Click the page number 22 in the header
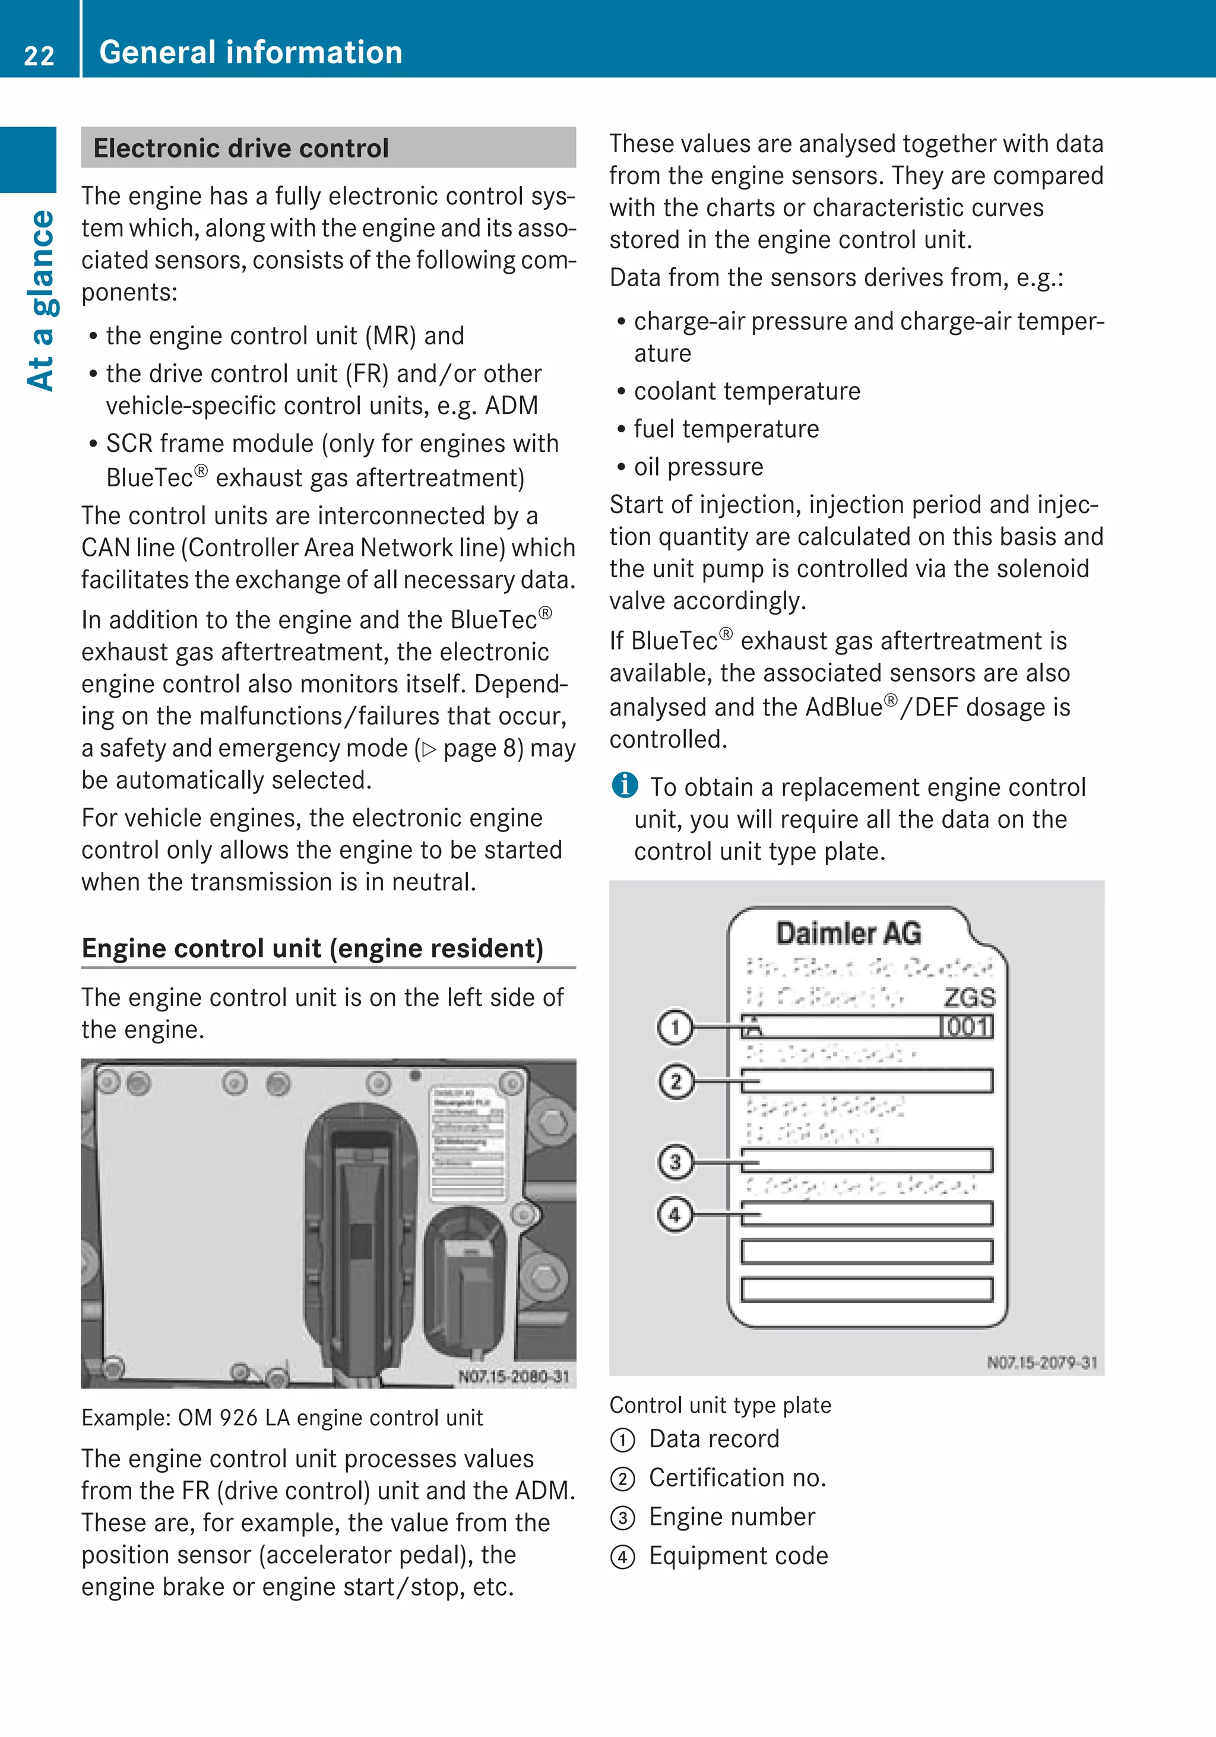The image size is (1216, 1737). coord(39,55)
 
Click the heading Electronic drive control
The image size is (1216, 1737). coord(240,148)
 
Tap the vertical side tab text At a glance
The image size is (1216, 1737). coord(42,300)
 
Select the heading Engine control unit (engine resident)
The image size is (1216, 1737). coord(312,948)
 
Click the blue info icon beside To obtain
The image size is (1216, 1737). coord(625,785)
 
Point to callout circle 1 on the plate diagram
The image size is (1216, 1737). coord(674,1027)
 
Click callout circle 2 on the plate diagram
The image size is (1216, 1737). coord(674,1081)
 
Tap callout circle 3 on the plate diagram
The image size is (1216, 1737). coord(674,1162)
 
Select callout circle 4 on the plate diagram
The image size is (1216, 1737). coord(674,1215)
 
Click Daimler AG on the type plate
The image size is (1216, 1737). coord(848,934)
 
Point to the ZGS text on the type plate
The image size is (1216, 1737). coord(970,997)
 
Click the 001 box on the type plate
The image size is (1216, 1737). coord(967,1027)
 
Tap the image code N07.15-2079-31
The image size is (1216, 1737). coord(1041,1362)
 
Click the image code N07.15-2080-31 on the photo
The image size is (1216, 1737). coord(514,1376)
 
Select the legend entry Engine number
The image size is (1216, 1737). coord(731,1517)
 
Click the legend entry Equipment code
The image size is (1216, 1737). coord(738,1556)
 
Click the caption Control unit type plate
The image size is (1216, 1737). coord(720,1405)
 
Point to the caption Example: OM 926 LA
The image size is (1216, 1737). coord(281,1418)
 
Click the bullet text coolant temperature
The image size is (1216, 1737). coord(746,391)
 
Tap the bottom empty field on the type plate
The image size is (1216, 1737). coord(867,1289)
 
